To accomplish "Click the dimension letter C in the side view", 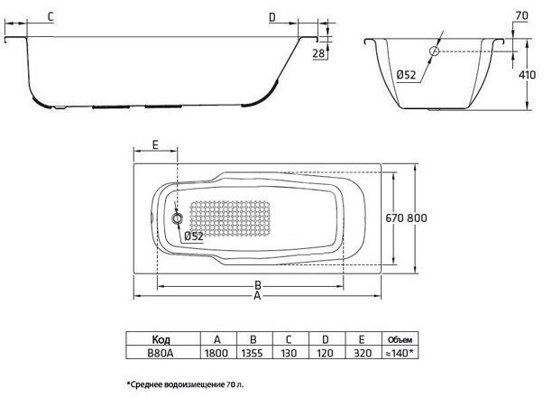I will [49, 16].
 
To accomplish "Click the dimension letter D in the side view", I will [272, 16].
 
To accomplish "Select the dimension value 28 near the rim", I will [317, 54].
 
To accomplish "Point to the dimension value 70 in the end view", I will [521, 15].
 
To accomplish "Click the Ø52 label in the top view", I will [193, 236].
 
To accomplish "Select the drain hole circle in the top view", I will [177, 218].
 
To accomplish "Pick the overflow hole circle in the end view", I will [434, 52].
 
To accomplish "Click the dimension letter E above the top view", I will [155, 144].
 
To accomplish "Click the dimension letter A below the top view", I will [259, 295].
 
